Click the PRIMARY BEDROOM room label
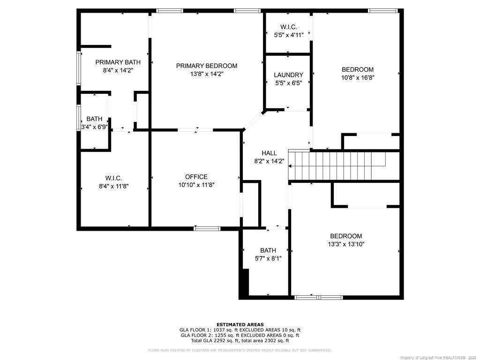point(207,66)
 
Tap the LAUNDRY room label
point(288,75)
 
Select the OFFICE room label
point(196,177)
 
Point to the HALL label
point(269,153)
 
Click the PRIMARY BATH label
point(118,62)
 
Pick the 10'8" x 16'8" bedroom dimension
point(358,78)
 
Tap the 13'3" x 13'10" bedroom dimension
point(346,244)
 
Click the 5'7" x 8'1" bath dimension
point(268,259)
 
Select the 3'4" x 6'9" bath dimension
point(94,127)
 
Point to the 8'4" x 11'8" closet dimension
point(113,186)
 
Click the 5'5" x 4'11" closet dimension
point(289,35)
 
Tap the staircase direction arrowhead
point(290,166)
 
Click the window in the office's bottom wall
point(207,228)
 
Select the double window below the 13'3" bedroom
point(318,298)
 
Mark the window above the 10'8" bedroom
point(382,11)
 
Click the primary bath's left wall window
point(79,68)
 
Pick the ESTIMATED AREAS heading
point(240,324)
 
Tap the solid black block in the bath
point(245,282)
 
